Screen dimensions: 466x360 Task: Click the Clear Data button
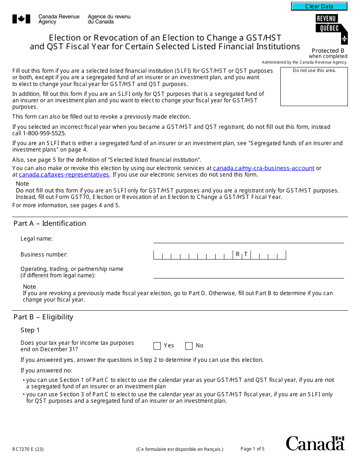(319, 6)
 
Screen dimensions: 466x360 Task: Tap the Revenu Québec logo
(331, 29)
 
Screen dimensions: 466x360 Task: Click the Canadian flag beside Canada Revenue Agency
(21, 19)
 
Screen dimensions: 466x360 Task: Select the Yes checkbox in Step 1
(157, 346)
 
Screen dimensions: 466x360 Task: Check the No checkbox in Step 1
(189, 346)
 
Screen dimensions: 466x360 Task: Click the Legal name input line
(249, 239)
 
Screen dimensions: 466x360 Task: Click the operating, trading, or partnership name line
(249, 274)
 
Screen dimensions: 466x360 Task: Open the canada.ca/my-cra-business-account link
(264, 168)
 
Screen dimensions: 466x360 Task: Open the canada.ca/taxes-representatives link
(64, 175)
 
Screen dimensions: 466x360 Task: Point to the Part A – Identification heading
(50, 224)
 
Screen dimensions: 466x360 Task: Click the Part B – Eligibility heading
(43, 317)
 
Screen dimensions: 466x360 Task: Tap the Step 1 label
(30, 330)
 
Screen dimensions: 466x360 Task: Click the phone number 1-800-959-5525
(44, 133)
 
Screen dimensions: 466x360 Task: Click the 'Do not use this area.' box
(314, 87)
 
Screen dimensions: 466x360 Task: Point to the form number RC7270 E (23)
(28, 450)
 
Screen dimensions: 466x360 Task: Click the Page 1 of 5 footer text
(252, 449)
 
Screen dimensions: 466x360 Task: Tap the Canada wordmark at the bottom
(315, 443)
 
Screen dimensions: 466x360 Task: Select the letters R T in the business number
(242, 255)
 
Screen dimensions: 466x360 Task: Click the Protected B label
(328, 51)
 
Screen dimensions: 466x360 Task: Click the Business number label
(44, 255)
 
